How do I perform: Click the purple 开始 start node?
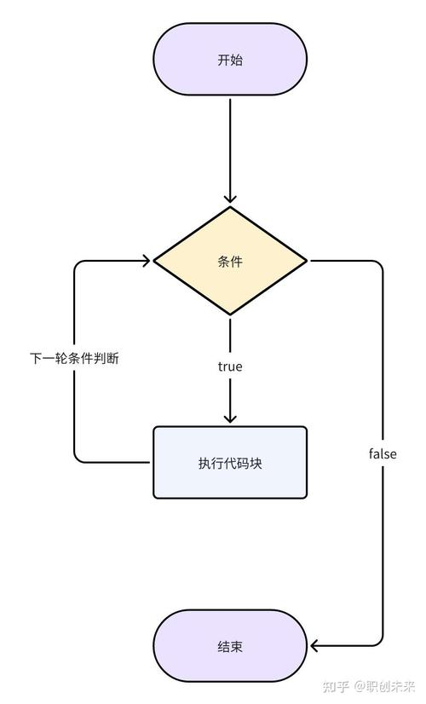(x=229, y=61)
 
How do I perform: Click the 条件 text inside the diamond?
(x=229, y=262)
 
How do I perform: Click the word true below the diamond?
(x=229, y=366)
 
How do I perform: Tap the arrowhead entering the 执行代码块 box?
(x=229, y=418)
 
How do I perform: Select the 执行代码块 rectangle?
(x=229, y=463)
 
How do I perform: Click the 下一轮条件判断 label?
(x=74, y=359)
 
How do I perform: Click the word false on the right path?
(x=383, y=454)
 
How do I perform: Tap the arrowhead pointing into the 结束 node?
(x=316, y=646)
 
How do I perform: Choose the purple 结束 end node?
(x=229, y=646)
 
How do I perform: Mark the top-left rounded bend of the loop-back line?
(x=78, y=265)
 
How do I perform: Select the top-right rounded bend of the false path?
(x=379, y=265)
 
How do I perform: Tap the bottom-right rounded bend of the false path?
(x=379, y=642)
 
